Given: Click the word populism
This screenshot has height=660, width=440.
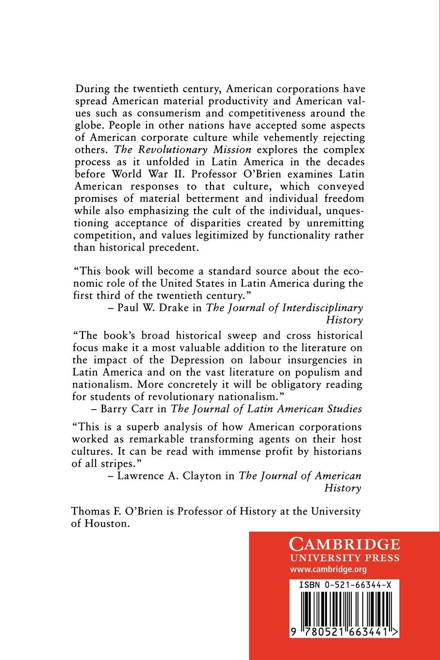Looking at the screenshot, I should (315, 372).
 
